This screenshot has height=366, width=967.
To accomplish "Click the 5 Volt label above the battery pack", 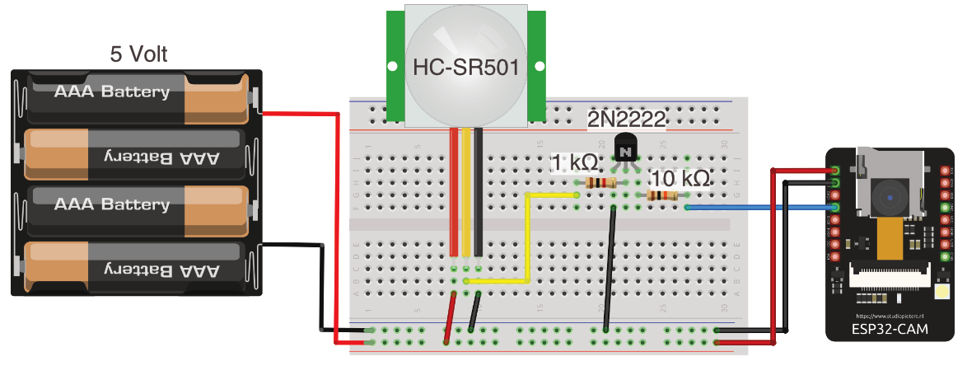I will click(138, 54).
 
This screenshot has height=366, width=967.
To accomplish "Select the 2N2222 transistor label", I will click(625, 120).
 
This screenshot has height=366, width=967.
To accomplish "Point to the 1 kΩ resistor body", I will click(599, 182).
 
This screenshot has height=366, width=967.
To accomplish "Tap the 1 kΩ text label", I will click(574, 162).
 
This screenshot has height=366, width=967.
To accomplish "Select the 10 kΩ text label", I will click(679, 177).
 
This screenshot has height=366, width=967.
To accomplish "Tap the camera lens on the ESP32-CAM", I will click(890, 198).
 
